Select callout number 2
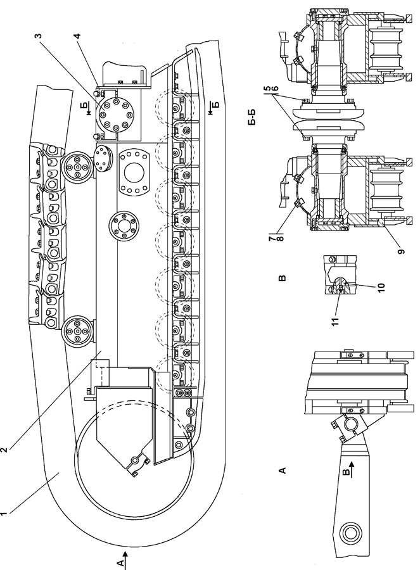click(x=4, y=450)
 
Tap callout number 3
click(x=39, y=36)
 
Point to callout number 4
click(x=77, y=36)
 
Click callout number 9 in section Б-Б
click(x=401, y=251)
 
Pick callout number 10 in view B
click(x=381, y=287)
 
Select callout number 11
click(x=335, y=321)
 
